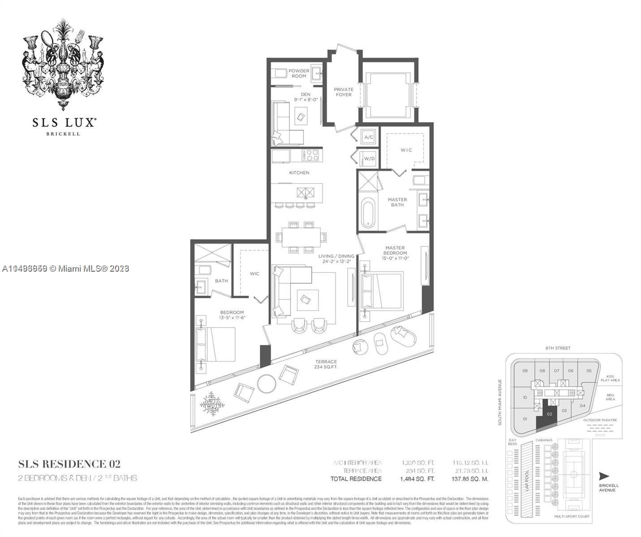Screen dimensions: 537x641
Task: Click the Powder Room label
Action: (x=299, y=73)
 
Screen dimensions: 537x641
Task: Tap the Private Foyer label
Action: (x=344, y=92)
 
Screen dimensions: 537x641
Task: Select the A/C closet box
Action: (x=369, y=137)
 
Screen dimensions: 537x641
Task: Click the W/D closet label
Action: (x=369, y=158)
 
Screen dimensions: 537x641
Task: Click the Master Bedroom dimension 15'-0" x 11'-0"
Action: (x=395, y=258)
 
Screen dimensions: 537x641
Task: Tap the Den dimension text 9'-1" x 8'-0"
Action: (x=305, y=100)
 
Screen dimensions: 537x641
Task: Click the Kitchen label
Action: (x=299, y=172)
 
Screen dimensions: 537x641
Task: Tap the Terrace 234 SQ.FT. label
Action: (x=326, y=364)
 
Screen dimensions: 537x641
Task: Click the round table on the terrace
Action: (x=267, y=383)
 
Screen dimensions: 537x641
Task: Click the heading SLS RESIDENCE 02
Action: (x=69, y=464)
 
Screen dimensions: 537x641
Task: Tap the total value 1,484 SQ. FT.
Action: (x=417, y=479)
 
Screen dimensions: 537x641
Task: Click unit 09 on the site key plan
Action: (x=525, y=371)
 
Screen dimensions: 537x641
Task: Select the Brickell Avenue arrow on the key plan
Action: (x=604, y=476)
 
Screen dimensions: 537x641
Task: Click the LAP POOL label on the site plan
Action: (x=527, y=480)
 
